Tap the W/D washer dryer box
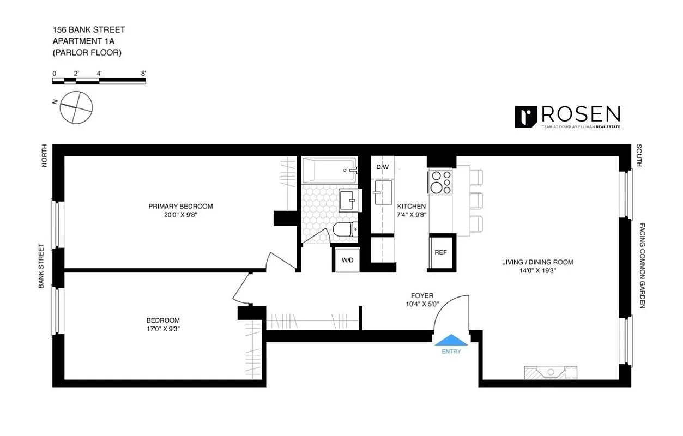(347, 260)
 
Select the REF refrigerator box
(440, 253)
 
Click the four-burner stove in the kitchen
(440, 183)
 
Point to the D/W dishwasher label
(382, 167)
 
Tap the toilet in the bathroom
(343, 232)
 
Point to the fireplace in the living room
(551, 373)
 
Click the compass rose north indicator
(75, 107)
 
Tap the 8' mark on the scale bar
(143, 73)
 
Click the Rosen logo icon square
(526, 117)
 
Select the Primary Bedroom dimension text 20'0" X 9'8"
(180, 215)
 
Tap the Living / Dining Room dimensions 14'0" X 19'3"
(537, 271)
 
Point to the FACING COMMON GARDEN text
(642, 265)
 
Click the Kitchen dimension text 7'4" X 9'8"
(412, 215)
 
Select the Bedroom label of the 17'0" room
(162, 320)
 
